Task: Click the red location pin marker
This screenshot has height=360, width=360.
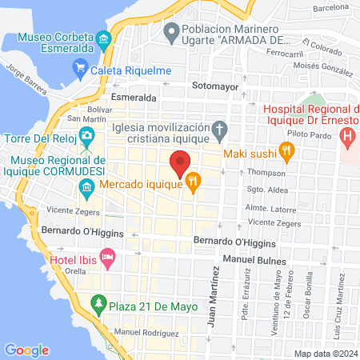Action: pos(180,163)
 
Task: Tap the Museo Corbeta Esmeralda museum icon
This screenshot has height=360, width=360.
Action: pos(103,39)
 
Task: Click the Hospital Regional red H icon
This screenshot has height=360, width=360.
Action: pos(348,136)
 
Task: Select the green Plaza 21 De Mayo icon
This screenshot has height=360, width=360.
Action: pos(98,304)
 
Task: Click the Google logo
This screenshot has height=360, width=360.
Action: pos(26,350)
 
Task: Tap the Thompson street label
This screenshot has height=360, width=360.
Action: pos(266,173)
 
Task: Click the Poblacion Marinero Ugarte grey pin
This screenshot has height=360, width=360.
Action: pos(170,33)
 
